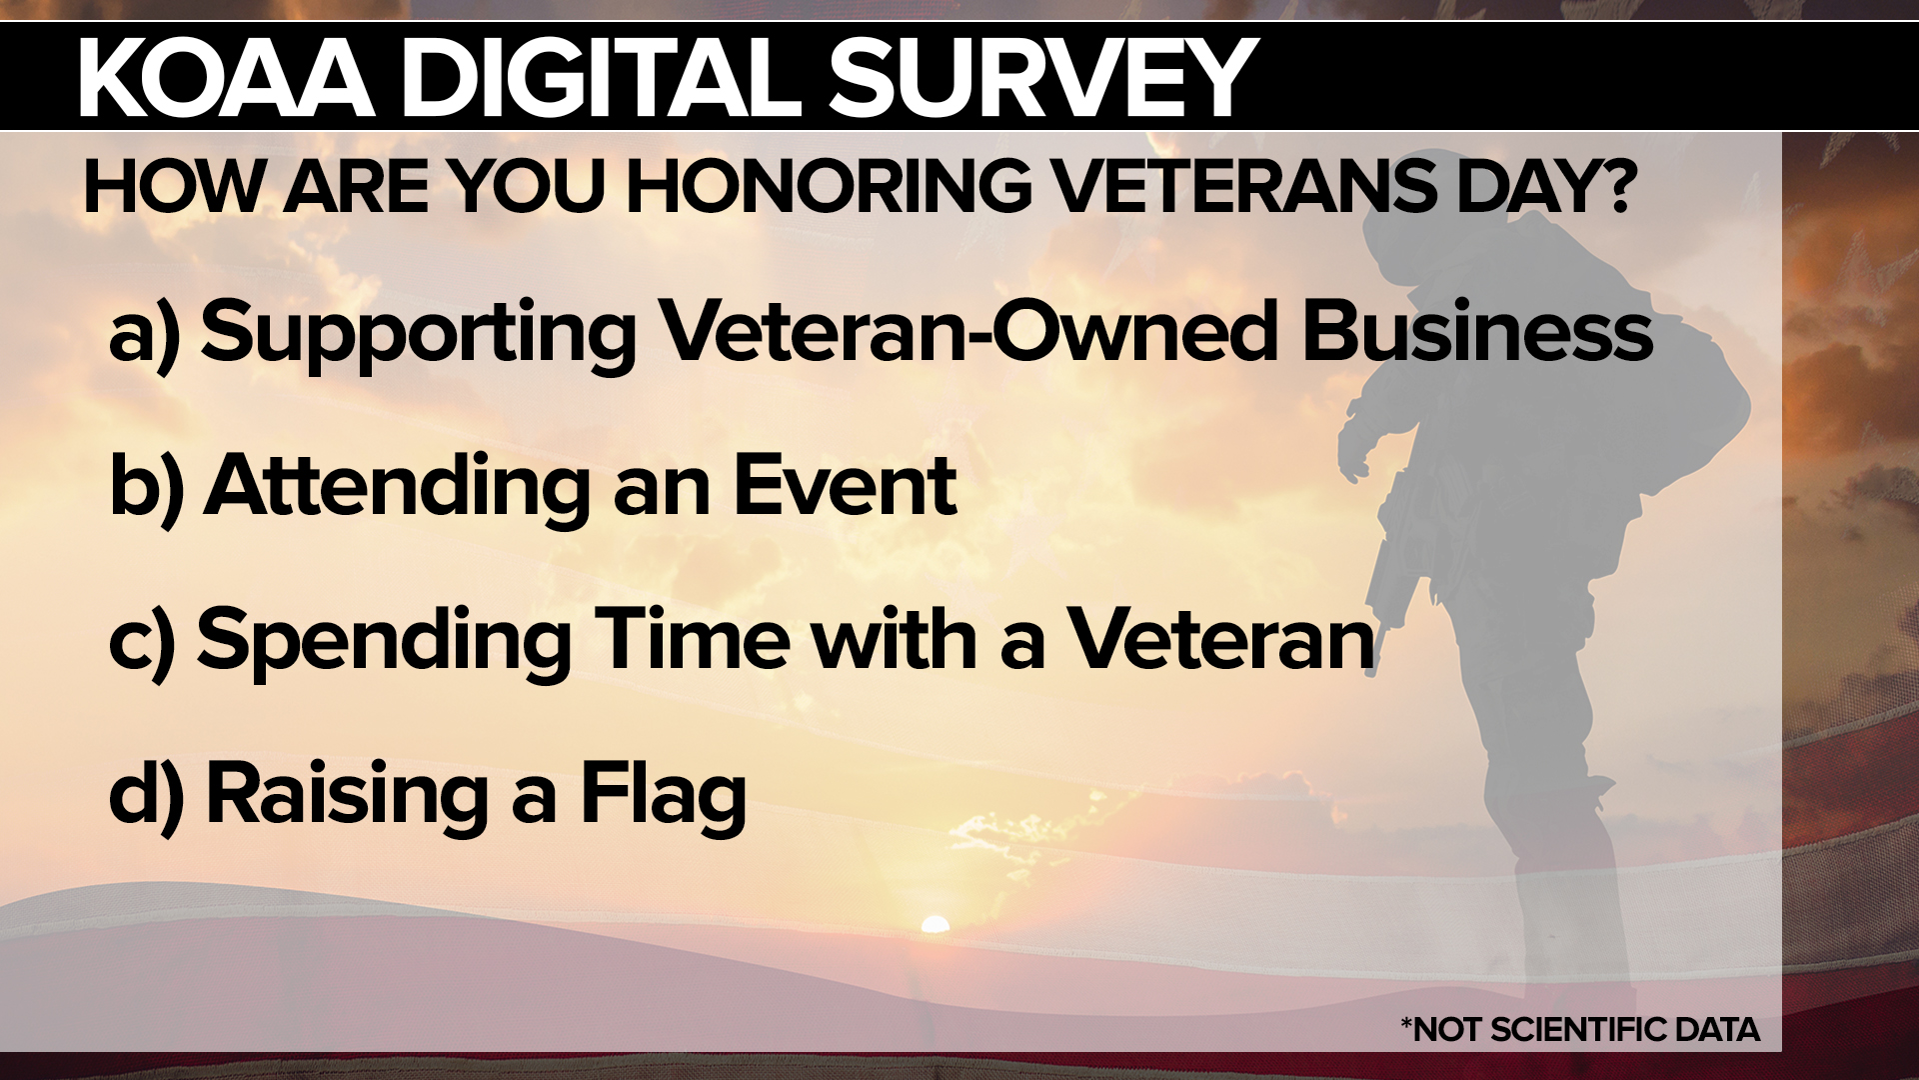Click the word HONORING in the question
(x=827, y=186)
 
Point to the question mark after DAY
(x=1611, y=186)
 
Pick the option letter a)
(x=144, y=334)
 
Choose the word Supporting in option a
(x=418, y=334)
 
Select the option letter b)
(x=146, y=486)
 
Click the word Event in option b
(x=845, y=486)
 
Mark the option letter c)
(x=142, y=640)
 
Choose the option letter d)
(x=146, y=794)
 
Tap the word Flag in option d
(x=664, y=796)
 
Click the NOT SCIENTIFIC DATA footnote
(x=1579, y=1029)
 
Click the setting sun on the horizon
(x=935, y=924)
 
